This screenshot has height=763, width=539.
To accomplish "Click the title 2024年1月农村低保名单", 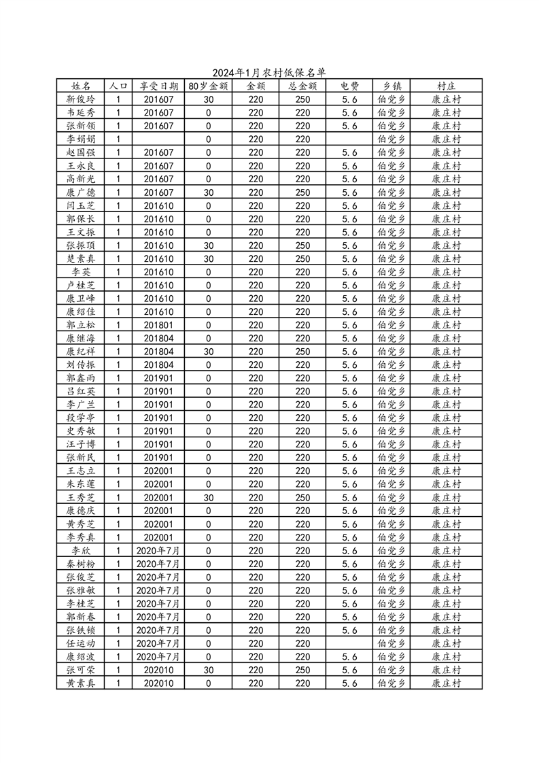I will click(x=269, y=73).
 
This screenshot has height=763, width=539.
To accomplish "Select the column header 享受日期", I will click(x=159, y=86).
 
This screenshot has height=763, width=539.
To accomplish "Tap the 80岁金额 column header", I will click(x=208, y=86).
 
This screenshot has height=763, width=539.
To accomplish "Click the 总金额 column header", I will click(x=302, y=86).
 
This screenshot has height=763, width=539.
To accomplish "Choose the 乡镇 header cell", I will click(x=392, y=86).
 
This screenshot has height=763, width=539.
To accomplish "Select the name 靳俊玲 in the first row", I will click(x=81, y=99).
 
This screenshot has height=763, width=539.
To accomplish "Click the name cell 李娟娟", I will click(x=81, y=139).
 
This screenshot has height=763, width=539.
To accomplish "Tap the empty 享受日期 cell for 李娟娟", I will click(x=159, y=139).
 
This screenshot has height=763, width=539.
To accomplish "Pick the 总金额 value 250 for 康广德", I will click(x=302, y=192).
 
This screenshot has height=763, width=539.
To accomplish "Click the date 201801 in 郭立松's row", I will click(x=159, y=325).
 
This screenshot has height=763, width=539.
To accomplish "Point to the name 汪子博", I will click(x=81, y=444).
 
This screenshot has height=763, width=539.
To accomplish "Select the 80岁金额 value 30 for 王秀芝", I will click(x=208, y=497).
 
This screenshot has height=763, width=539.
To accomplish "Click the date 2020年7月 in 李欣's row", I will click(x=159, y=550).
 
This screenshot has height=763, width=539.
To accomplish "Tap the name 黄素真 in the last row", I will click(x=81, y=683).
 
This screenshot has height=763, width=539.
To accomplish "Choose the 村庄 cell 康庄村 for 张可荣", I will click(x=447, y=669).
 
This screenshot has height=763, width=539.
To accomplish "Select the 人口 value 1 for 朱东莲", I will click(x=118, y=484).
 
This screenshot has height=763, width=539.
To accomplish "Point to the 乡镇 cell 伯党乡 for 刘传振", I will click(x=392, y=364).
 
